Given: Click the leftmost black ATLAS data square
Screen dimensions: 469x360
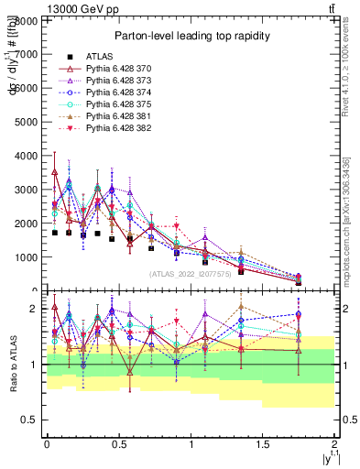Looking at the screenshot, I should pos(55,233).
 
